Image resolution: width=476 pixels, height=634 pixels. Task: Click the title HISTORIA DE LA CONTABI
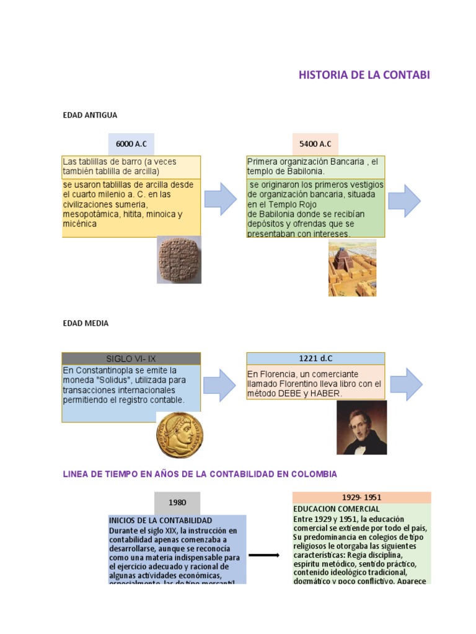[364, 76]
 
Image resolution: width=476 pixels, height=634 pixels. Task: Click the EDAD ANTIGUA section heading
[90, 115]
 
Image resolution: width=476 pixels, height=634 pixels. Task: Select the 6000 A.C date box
[131, 144]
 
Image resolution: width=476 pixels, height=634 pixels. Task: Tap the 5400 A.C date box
[315, 144]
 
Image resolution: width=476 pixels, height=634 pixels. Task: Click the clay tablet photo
[178, 259]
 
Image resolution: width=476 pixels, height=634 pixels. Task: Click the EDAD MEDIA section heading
[86, 323]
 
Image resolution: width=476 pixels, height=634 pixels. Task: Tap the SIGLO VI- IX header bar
[131, 359]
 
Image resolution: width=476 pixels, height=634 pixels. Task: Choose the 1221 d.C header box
[315, 358]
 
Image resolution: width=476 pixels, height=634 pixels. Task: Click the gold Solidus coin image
[179, 435]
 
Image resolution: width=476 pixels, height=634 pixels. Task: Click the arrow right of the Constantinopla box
[220, 384]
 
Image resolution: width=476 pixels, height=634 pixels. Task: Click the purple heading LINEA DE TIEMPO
[200, 474]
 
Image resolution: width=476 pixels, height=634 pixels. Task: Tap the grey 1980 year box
[177, 503]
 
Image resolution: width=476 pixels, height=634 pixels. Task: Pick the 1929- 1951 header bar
[361, 497]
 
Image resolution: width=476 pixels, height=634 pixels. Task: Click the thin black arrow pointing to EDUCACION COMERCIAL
[263, 555]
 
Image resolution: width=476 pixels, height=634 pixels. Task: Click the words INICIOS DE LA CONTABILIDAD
[161, 520]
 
